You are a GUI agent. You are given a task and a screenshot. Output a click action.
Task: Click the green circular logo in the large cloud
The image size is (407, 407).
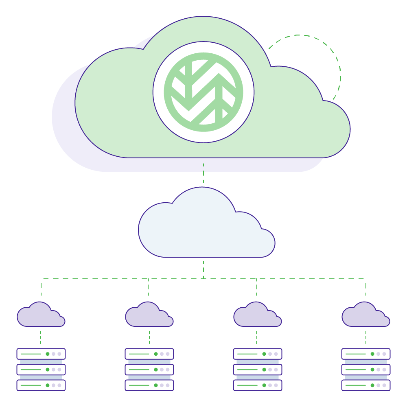click(203, 92)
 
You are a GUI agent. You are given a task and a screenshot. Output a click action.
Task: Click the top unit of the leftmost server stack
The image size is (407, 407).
click(41, 354)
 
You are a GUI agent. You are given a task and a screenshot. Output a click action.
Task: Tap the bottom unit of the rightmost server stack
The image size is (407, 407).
click(365, 385)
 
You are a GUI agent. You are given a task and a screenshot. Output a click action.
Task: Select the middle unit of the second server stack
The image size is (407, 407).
click(149, 370)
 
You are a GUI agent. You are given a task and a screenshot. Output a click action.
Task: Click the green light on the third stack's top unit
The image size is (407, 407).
click(264, 354)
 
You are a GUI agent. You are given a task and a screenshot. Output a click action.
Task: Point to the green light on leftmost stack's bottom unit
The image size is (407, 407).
click(48, 385)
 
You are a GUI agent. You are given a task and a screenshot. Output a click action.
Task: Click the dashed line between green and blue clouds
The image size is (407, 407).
click(203, 173)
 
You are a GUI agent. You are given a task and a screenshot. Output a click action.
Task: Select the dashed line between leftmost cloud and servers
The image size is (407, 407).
click(40, 337)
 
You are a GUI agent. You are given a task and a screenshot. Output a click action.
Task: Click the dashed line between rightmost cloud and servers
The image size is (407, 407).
click(365, 337)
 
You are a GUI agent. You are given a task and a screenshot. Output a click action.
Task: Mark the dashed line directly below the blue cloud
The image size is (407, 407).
click(203, 269)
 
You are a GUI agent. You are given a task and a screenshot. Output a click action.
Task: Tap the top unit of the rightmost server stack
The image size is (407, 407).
click(365, 354)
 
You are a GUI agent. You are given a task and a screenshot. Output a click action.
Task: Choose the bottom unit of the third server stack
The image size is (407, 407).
click(257, 385)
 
